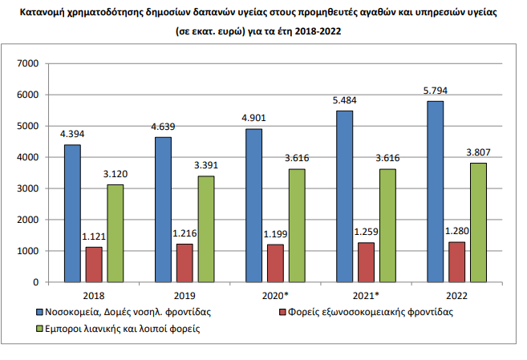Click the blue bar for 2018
point(72,213)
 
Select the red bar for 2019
point(184,263)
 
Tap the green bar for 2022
point(478,223)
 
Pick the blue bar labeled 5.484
point(344,196)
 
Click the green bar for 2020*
point(297,225)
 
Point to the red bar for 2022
point(456,262)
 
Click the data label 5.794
point(436,91)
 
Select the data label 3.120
point(116,174)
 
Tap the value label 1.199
point(275,234)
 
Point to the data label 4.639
point(163,127)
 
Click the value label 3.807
point(478,152)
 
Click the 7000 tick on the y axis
point(28,63)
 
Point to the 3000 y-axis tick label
point(28,188)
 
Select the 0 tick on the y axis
point(35,282)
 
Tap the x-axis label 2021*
point(366,296)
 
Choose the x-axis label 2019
point(184,296)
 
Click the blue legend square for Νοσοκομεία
point(39,313)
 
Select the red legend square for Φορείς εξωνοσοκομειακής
point(282,313)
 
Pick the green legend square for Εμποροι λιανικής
point(39,329)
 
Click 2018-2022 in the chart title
point(318,31)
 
